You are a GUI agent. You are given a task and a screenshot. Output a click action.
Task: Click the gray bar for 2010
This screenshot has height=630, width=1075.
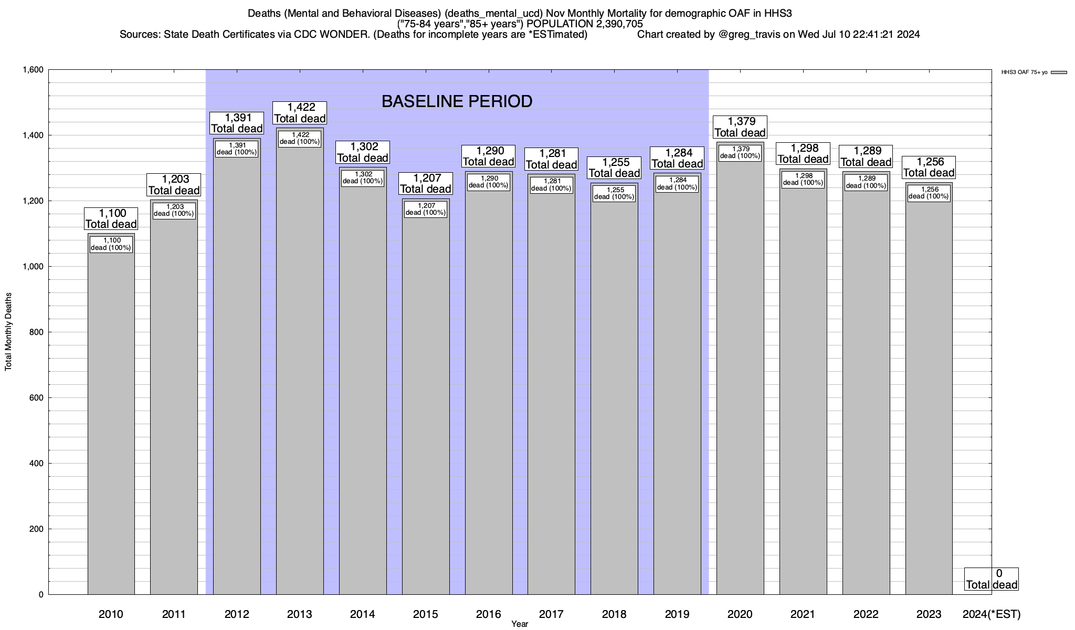pyautogui.click(x=111, y=420)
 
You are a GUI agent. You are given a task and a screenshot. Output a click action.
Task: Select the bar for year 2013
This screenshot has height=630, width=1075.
pyautogui.click(x=300, y=367)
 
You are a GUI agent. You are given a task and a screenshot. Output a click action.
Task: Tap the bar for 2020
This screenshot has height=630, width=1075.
pyautogui.click(x=740, y=378)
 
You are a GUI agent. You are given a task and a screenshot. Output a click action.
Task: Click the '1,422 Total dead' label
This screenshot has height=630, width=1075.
pyautogui.click(x=300, y=113)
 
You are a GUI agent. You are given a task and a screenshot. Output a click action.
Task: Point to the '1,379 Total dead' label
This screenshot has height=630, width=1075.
pyautogui.click(x=740, y=127)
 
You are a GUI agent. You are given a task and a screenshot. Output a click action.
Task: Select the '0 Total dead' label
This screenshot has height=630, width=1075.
pyautogui.click(x=992, y=579)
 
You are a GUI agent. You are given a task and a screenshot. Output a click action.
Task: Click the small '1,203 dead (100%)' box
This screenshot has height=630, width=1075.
pyautogui.click(x=174, y=210)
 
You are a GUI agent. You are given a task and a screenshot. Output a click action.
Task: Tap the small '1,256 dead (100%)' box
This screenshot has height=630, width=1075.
pyautogui.click(x=929, y=193)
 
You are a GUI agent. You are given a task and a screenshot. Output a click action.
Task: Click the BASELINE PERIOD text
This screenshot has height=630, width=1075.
pyautogui.click(x=457, y=101)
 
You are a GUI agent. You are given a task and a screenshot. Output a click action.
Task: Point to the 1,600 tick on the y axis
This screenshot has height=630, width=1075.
pyautogui.click(x=33, y=70)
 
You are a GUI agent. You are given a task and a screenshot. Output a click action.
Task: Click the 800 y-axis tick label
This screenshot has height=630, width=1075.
pyautogui.click(x=36, y=332)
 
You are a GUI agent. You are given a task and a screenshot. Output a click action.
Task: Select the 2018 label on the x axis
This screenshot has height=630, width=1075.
pyautogui.click(x=614, y=614)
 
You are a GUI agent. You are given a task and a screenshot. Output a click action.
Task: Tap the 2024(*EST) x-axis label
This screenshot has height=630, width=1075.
pyautogui.click(x=992, y=614)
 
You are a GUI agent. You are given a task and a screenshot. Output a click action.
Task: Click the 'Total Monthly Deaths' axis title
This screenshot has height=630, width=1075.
pyautogui.click(x=8, y=332)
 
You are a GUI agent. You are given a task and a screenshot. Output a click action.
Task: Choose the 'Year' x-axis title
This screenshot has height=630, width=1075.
pyautogui.click(x=520, y=624)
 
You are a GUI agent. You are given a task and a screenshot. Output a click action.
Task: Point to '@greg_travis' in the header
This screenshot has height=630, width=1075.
pyautogui.click(x=749, y=35)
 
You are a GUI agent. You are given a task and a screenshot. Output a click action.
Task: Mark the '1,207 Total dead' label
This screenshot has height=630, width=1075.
pyautogui.click(x=426, y=183)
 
